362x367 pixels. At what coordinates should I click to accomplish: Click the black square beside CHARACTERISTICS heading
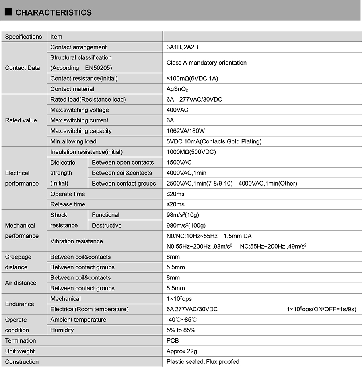click(8, 12)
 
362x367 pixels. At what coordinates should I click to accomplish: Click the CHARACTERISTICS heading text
click(53, 13)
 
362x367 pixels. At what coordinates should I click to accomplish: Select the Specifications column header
click(23, 37)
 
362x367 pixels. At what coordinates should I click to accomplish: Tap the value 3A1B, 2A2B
click(182, 47)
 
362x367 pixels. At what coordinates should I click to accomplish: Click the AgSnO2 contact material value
click(177, 89)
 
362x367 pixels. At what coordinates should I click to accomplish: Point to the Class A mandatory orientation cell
click(206, 63)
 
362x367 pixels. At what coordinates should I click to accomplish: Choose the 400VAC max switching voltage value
click(177, 110)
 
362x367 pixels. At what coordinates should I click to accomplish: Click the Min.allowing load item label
click(73, 141)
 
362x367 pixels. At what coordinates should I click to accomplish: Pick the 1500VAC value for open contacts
click(179, 163)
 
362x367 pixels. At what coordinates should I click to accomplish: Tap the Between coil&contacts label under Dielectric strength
click(122, 173)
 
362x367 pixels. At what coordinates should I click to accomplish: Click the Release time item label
click(68, 204)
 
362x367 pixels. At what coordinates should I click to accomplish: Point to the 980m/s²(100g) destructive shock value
click(186, 225)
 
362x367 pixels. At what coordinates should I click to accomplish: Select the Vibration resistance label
click(76, 241)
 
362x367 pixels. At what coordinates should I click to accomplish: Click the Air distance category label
click(21, 283)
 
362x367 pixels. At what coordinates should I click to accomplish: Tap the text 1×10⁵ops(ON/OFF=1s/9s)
click(321, 309)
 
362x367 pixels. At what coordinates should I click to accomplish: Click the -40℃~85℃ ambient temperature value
click(181, 320)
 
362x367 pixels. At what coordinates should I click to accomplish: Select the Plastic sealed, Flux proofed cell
click(203, 361)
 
